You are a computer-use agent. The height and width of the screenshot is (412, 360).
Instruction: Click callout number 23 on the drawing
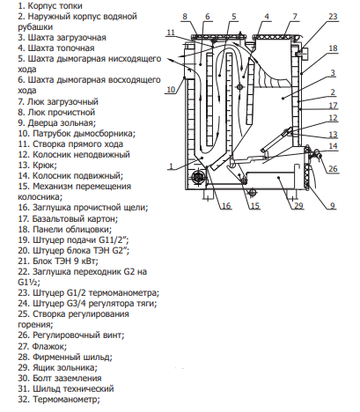click(333, 17)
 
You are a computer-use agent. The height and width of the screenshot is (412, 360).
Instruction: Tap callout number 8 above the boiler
click(185, 17)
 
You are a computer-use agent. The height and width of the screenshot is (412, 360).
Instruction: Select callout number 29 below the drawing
click(298, 206)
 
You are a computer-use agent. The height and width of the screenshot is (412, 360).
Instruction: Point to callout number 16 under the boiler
click(226, 206)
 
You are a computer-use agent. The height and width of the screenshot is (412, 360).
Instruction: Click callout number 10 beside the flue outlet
click(171, 89)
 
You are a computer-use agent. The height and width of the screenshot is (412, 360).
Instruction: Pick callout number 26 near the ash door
click(333, 169)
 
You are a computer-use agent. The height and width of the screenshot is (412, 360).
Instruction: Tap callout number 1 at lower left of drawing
click(171, 166)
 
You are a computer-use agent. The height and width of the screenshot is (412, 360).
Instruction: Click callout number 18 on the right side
click(333, 48)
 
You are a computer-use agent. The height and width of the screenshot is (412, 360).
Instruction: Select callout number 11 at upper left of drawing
click(171, 33)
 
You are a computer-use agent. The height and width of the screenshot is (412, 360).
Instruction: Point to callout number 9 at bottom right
click(333, 206)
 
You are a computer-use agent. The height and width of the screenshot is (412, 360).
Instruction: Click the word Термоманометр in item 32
click(66, 400)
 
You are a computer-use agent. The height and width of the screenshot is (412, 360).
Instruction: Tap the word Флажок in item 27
click(49, 347)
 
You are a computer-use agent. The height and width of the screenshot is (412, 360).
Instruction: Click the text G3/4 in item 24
click(76, 304)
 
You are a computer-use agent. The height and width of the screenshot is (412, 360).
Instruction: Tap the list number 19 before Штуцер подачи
click(24, 240)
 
